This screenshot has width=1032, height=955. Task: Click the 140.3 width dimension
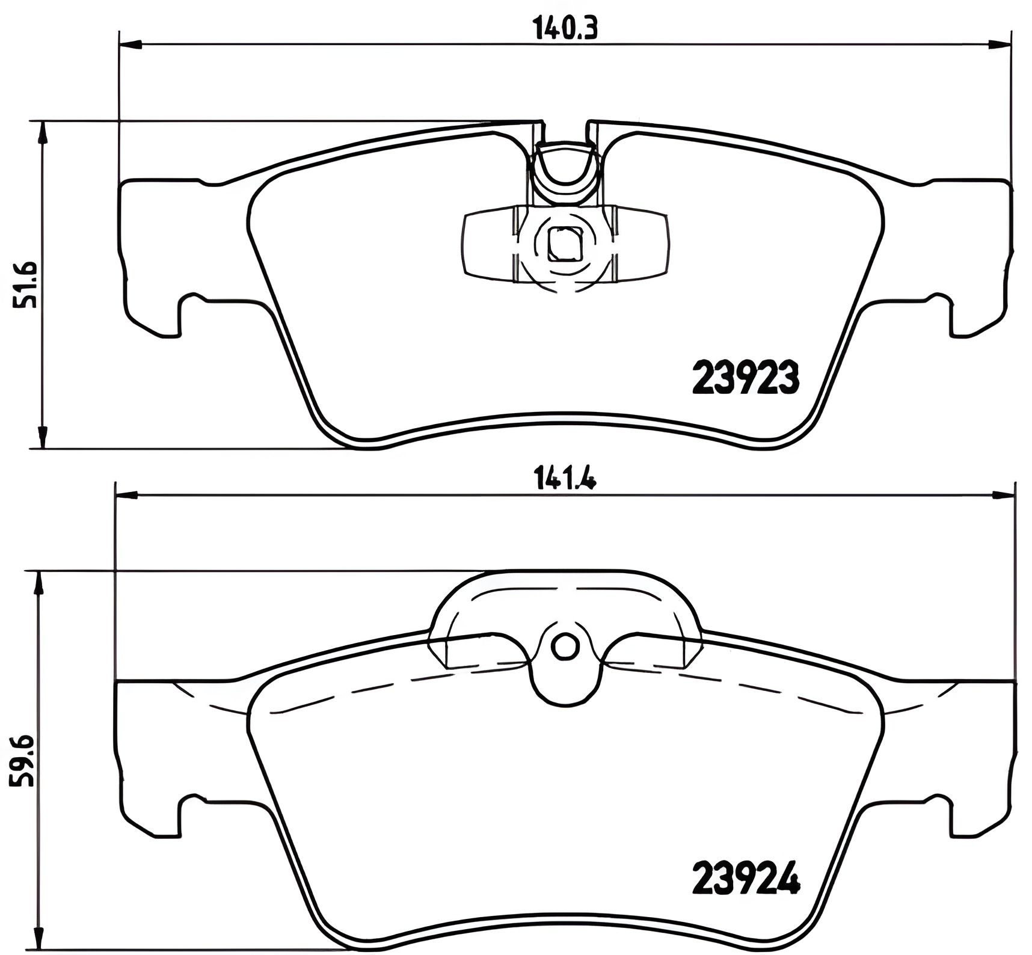(x=565, y=29)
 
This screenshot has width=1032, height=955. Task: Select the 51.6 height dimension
(x=27, y=284)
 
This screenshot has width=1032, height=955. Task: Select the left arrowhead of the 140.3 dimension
(x=131, y=43)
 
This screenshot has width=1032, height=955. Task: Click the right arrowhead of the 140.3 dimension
(x=1000, y=43)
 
